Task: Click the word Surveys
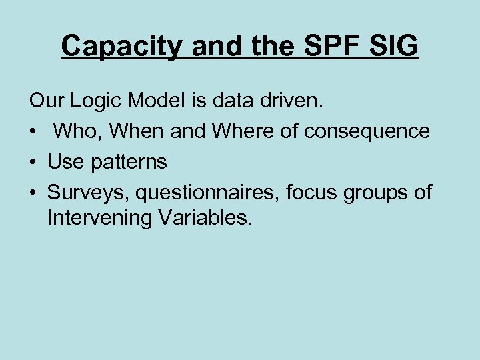(x=89, y=193)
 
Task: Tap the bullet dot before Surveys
(x=33, y=193)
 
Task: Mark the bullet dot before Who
(x=33, y=132)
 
